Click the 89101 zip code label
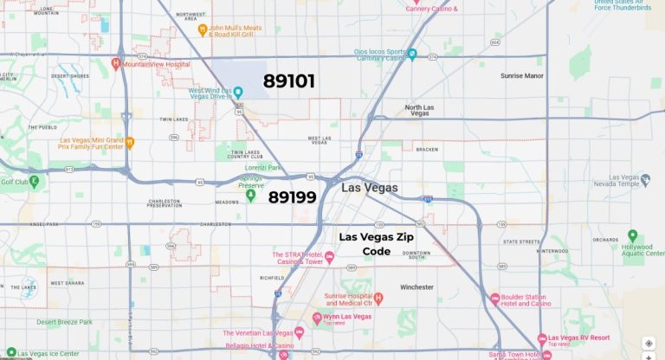click(x=289, y=81)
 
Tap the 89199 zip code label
click(x=292, y=196)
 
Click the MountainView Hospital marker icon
click(x=116, y=63)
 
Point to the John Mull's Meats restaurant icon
click(x=202, y=29)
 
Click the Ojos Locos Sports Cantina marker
click(x=412, y=55)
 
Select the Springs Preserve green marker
click(x=251, y=196)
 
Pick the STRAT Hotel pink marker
click(x=329, y=255)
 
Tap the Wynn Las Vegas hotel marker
click(x=316, y=318)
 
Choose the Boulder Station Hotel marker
click(x=495, y=299)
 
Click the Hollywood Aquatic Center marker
click(x=632, y=235)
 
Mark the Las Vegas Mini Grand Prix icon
click(x=130, y=143)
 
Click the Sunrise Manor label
click(x=521, y=75)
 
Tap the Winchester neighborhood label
click(x=423, y=286)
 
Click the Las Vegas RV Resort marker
click(x=542, y=338)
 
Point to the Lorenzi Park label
click(x=261, y=167)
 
